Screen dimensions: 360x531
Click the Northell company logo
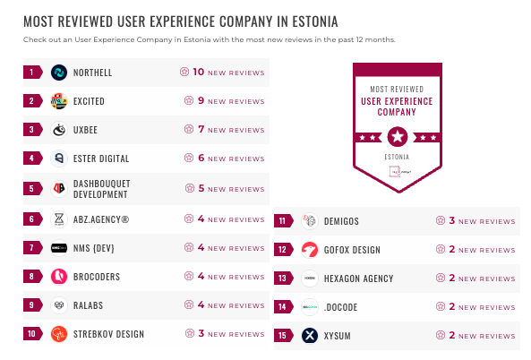[x=59, y=73]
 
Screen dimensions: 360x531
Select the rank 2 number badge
[x=31, y=101]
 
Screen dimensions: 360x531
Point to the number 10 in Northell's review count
[x=199, y=73]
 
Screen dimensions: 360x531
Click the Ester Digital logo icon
[x=59, y=159]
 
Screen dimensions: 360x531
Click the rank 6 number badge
[x=31, y=219]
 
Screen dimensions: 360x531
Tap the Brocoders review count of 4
[x=201, y=277]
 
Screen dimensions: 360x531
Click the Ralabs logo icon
[x=59, y=305]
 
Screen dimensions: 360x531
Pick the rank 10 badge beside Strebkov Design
[x=31, y=334]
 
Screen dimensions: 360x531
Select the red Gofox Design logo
[x=310, y=250]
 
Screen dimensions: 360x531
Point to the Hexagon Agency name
[x=358, y=279]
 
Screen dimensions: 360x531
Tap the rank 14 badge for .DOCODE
[x=282, y=307]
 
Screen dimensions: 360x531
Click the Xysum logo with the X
[x=310, y=336]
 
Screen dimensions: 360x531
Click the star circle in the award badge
[x=398, y=136]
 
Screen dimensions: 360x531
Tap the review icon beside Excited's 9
[x=188, y=101]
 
